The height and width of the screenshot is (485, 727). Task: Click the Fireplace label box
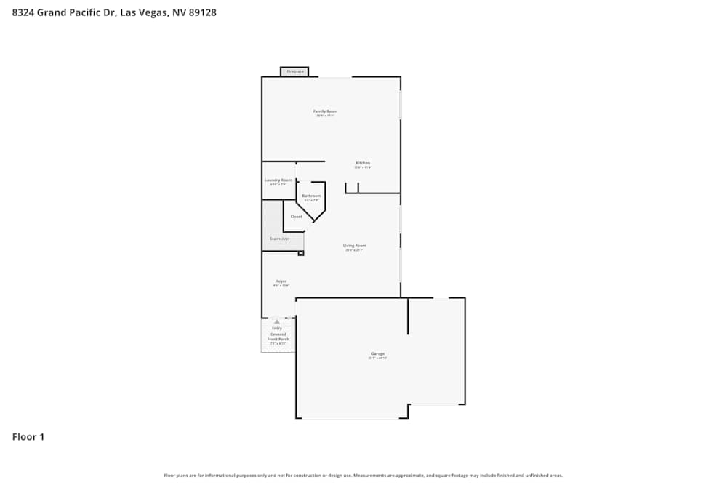[294, 71]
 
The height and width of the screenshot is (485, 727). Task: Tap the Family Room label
[325, 111]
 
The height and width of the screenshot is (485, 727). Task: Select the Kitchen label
[363, 163]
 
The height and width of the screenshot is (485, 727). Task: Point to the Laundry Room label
[278, 180]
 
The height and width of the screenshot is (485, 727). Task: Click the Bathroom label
[311, 196]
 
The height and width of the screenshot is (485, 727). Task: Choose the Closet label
[296, 217]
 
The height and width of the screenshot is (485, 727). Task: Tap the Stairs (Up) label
[280, 239]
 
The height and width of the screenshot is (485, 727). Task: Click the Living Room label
[354, 246]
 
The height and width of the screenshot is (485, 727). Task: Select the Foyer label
[281, 281]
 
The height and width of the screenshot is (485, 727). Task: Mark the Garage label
[377, 354]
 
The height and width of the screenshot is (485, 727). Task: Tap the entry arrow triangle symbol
[276, 321]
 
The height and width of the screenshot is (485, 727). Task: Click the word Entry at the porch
[277, 328]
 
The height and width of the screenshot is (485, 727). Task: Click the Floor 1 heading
[28, 437]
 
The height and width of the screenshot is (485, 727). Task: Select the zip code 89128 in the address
[202, 12]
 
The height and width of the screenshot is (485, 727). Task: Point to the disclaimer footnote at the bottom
[363, 476]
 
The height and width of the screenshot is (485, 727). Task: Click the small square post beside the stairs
[300, 253]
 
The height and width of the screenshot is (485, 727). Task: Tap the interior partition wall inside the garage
[408, 316]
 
